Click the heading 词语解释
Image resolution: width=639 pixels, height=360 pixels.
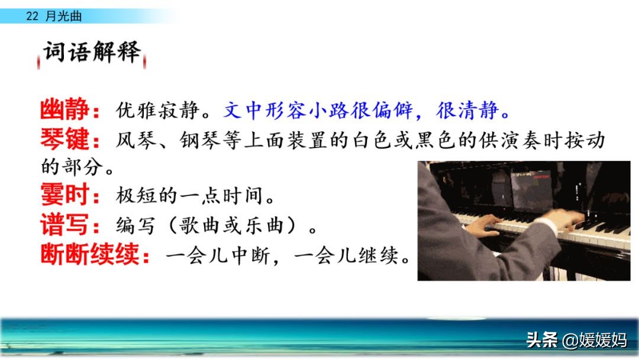(x=92, y=52)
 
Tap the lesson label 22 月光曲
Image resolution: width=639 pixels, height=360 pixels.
(x=54, y=16)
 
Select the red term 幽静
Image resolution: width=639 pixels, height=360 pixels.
(x=64, y=109)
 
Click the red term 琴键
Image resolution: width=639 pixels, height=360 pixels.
(x=64, y=139)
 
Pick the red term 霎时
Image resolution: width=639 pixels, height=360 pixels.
(x=64, y=194)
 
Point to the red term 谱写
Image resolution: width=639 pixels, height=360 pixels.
(x=64, y=224)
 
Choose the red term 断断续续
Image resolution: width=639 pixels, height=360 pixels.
(x=90, y=255)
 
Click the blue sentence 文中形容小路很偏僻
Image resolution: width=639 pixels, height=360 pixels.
(x=318, y=110)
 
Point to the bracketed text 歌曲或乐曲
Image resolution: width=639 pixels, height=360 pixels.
(x=231, y=225)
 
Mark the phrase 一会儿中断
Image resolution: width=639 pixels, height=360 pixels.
(x=217, y=256)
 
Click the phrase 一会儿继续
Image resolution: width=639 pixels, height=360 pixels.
(x=346, y=256)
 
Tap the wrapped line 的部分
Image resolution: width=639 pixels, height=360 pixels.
(x=72, y=167)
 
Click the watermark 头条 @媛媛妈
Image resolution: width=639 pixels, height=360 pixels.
(x=576, y=340)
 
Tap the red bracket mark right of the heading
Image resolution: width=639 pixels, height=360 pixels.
(x=144, y=62)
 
